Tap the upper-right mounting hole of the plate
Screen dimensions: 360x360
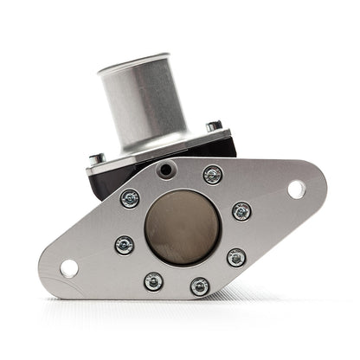(295, 189)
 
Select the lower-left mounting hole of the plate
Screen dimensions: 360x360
(68, 267)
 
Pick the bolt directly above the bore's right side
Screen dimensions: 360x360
(212, 176)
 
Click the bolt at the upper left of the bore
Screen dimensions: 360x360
(129, 198)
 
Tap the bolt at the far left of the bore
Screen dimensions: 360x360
(124, 244)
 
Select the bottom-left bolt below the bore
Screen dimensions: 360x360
(153, 281)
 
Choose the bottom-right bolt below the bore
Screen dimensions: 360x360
(200, 286)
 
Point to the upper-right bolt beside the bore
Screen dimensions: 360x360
(242, 211)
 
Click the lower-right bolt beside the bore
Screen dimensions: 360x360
(236, 257)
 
